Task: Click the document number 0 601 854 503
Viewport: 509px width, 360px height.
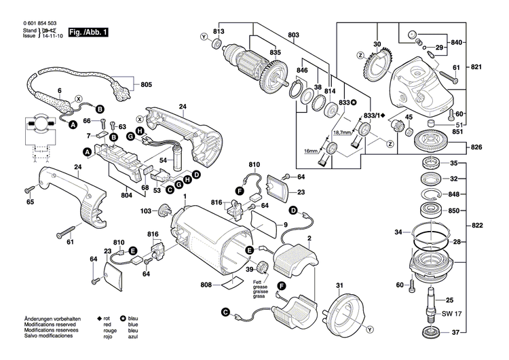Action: click(33, 24)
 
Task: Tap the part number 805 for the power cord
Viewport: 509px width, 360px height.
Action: click(146, 85)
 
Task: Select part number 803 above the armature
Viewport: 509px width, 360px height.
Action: click(293, 35)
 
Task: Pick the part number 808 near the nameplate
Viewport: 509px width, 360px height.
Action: click(206, 285)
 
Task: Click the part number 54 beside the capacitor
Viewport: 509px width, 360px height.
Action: click(163, 160)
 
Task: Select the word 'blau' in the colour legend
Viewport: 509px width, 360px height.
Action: click(133, 319)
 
